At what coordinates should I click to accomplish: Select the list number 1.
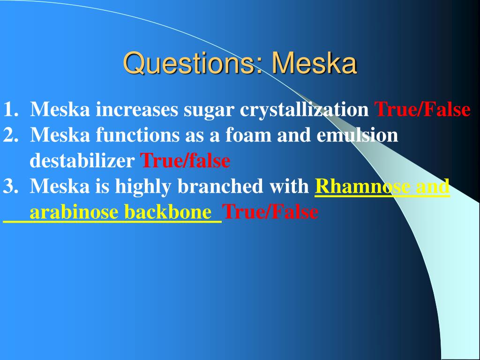coord(11,109)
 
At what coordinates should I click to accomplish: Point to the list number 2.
coord(11,135)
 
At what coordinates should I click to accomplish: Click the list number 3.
coord(11,186)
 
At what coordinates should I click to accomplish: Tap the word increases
coord(136,110)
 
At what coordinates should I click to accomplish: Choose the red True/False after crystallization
coord(422,109)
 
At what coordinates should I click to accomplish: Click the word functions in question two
coord(137,135)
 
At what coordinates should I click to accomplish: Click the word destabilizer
coord(82,160)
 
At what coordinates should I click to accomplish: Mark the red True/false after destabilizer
coord(185,160)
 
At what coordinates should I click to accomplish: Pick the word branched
coord(220,186)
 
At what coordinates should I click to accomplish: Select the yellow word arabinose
coord(74,211)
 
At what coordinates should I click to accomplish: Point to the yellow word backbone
coord(168,211)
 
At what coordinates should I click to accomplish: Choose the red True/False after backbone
coord(270,211)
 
